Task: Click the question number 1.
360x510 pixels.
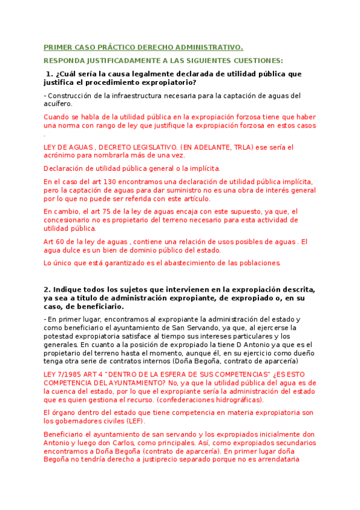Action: click(x=49, y=73)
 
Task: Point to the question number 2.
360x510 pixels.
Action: click(x=46, y=289)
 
